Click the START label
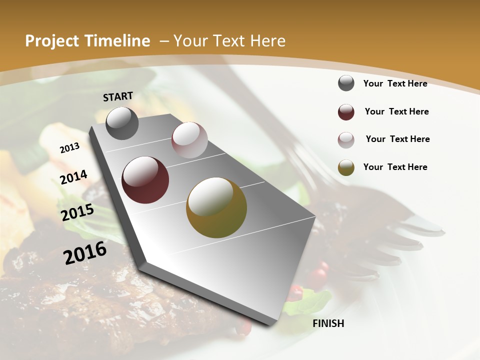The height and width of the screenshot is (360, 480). click(x=118, y=96)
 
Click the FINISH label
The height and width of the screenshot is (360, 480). click(x=328, y=323)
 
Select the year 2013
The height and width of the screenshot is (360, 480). click(x=69, y=148)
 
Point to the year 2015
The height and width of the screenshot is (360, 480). click(x=77, y=212)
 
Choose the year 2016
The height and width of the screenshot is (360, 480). click(x=85, y=252)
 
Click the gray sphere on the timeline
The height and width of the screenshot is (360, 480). click(x=122, y=123)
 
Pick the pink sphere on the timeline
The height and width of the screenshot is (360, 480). click(x=189, y=140)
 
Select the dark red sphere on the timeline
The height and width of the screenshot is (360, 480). click(x=145, y=180)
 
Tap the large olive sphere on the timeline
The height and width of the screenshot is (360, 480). click(x=216, y=207)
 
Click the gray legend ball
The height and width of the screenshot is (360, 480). click(x=346, y=83)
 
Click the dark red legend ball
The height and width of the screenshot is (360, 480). click(x=346, y=112)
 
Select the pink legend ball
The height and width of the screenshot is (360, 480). click(x=346, y=140)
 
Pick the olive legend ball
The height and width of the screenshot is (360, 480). click(x=346, y=167)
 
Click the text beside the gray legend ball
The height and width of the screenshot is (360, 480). click(x=395, y=83)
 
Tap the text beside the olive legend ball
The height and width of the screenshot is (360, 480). click(x=395, y=167)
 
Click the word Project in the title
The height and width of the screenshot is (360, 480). click(x=51, y=41)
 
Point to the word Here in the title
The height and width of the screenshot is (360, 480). click(x=267, y=41)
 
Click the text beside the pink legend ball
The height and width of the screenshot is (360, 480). click(x=397, y=139)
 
